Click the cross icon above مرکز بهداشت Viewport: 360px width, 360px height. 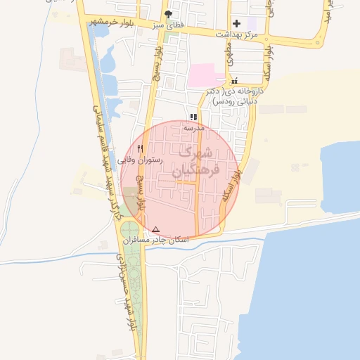[x=236, y=23]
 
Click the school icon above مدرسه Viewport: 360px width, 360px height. [x=193, y=117]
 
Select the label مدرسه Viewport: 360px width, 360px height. [x=193, y=128]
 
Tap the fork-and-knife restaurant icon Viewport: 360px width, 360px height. [x=141, y=148]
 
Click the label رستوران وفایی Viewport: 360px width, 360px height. [x=140, y=160]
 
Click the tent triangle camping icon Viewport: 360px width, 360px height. [x=156, y=229]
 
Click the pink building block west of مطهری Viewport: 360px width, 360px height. [x=205, y=73]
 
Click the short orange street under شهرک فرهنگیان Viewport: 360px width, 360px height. [x=186, y=182]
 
